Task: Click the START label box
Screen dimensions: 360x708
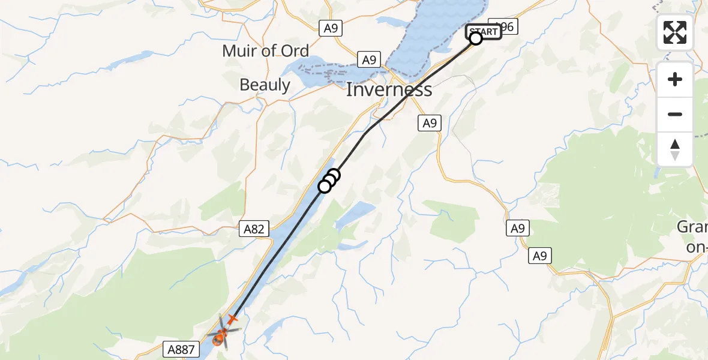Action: click(484, 31)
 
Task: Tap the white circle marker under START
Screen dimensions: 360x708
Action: click(476, 39)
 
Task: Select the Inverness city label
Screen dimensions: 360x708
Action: click(389, 90)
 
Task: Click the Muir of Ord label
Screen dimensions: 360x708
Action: click(265, 51)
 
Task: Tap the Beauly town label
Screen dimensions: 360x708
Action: click(265, 85)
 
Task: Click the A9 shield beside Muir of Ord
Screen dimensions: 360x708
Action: click(329, 28)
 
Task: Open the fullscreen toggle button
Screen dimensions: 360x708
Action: click(675, 32)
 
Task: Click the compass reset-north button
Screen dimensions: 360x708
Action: click(675, 149)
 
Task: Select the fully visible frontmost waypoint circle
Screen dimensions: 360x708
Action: click(325, 187)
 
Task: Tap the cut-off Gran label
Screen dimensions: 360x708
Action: click(692, 227)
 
